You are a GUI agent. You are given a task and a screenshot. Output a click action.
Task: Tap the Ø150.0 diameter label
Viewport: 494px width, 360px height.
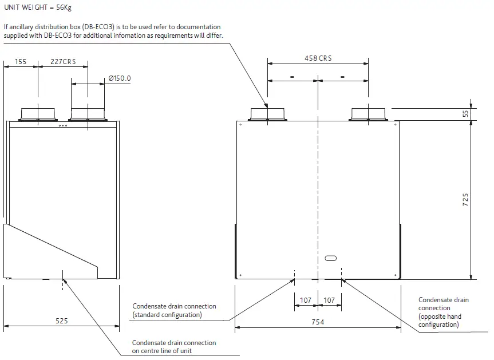[120, 78]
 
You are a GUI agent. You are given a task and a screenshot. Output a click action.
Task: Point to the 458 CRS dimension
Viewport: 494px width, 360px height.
[318, 58]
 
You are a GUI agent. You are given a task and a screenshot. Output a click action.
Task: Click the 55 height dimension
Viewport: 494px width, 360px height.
[465, 114]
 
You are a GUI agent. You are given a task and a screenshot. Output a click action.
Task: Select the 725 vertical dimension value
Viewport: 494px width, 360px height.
[465, 199]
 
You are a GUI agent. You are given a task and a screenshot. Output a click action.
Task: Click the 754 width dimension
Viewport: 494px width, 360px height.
[318, 322]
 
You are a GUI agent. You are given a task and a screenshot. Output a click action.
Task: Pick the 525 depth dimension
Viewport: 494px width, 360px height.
[61, 321]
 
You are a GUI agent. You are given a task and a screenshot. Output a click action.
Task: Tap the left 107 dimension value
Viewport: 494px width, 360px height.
[306, 300]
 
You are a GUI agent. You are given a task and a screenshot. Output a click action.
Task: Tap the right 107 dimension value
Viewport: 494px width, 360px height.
[329, 300]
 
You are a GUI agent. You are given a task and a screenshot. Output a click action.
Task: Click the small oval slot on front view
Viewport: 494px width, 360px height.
[331, 258]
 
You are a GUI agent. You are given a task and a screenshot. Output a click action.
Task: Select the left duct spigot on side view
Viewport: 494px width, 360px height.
[38, 113]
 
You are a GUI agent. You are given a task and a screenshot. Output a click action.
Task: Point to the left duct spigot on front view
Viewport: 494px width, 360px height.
[268, 113]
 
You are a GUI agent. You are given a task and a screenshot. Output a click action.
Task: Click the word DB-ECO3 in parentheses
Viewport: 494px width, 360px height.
[98, 27]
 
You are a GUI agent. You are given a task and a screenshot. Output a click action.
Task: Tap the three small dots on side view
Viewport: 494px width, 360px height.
[63, 126]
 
